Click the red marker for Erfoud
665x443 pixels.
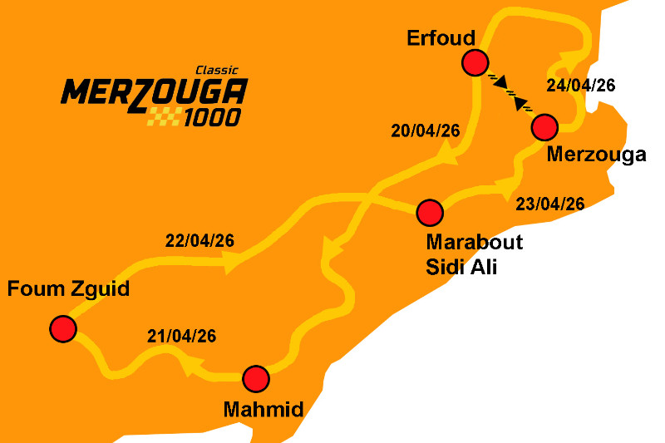pyautogui.click(x=475, y=62)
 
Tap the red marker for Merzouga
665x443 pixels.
pyautogui.click(x=544, y=127)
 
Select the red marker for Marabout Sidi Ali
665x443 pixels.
pyautogui.click(x=429, y=213)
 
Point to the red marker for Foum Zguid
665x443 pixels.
pyautogui.click(x=62, y=328)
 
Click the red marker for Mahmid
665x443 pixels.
pyautogui.click(x=255, y=378)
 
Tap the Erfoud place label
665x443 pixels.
pyautogui.click(x=441, y=38)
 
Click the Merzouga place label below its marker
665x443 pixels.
pyautogui.click(x=597, y=155)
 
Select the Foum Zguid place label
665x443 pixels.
pyautogui.click(x=68, y=290)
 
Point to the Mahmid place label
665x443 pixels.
pyautogui.click(x=264, y=409)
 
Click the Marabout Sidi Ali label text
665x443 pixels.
pyautogui.click(x=474, y=254)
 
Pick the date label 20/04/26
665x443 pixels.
pyautogui.click(x=424, y=130)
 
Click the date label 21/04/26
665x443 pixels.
pyautogui.click(x=181, y=337)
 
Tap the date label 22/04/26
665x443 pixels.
pyautogui.click(x=199, y=241)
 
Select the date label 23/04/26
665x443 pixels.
pyautogui.click(x=550, y=204)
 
